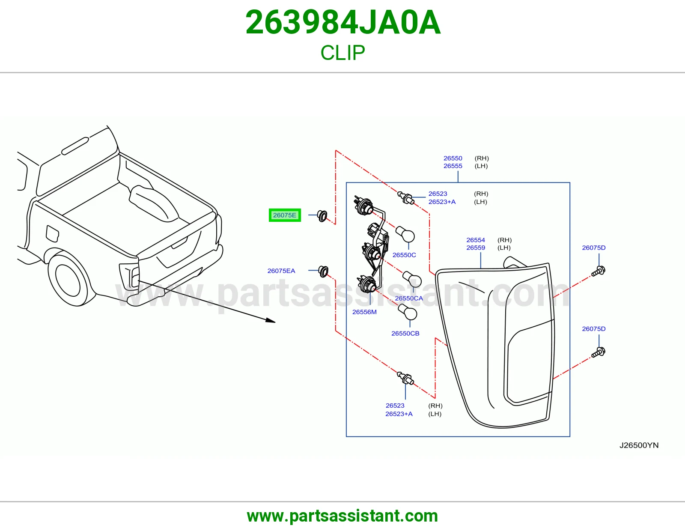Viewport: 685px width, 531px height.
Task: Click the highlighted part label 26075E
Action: pos(285,215)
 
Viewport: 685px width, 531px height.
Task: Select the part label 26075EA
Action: pos(281,271)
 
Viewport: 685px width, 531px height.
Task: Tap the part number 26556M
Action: pos(364,312)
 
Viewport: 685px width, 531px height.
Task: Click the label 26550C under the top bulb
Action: pos(404,255)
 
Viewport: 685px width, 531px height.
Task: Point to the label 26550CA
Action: pos(409,298)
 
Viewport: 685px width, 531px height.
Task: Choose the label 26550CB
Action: pos(405,333)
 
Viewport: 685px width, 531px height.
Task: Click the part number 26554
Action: pos(476,240)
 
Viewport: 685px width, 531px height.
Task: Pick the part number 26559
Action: pos(476,248)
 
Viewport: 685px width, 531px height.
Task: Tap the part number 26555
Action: pos(453,166)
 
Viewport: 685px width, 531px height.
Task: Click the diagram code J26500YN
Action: pos(639,445)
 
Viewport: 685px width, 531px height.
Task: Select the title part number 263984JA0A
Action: pos(343,22)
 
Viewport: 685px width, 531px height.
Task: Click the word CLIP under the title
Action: pos(342,53)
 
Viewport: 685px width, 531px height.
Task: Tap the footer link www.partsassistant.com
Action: pos(342,516)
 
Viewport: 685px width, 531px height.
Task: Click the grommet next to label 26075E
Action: pos(322,216)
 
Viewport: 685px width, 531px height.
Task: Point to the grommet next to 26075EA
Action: pos(323,271)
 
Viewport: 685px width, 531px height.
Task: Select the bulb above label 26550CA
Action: pos(412,279)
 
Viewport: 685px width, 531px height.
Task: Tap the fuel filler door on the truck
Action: pos(52,233)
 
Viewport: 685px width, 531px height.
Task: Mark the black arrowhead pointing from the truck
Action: pos(271,320)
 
